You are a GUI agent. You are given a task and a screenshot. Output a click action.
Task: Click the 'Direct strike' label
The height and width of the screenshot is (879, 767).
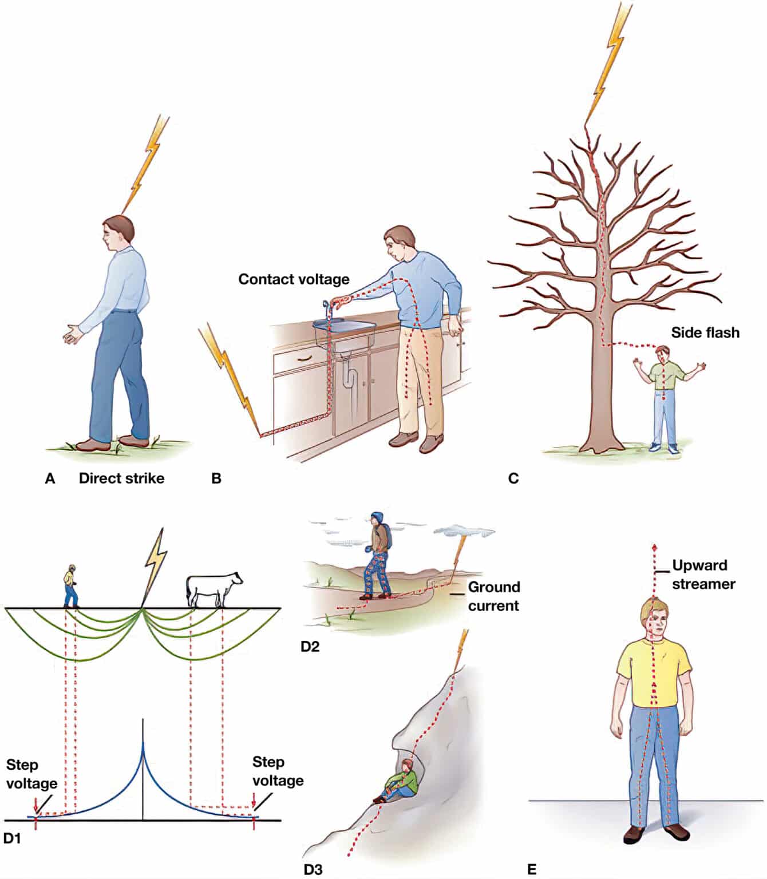(121, 478)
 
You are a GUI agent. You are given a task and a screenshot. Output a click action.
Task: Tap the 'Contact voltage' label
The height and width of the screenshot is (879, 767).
(294, 279)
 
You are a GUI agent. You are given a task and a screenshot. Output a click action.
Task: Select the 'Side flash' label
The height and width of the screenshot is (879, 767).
(705, 332)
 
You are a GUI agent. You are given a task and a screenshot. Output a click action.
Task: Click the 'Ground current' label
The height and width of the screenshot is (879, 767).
(493, 596)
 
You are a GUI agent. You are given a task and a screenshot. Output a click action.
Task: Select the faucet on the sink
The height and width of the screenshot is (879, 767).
(328, 309)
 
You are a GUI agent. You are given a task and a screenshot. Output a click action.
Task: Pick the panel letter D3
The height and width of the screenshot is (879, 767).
(313, 869)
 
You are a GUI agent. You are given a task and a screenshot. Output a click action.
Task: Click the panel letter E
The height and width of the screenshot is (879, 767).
(532, 869)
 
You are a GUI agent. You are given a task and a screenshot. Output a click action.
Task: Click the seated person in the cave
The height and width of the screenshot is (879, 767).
(401, 781)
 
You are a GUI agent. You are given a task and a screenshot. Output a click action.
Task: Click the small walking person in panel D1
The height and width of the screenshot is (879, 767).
(70, 586)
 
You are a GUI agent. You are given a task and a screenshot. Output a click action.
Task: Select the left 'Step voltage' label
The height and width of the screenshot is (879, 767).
(31, 774)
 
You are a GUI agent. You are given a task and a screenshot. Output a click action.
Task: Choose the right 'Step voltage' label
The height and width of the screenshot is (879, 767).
(278, 771)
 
